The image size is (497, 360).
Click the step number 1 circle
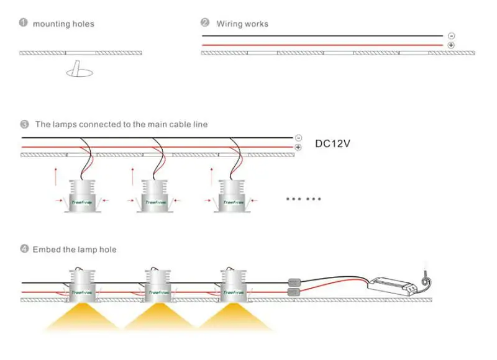click(24, 23)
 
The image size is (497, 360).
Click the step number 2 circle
click(205, 23)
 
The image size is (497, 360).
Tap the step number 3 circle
click(24, 124)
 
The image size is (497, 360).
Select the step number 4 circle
click(24, 249)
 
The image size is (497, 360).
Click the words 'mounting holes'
click(63, 24)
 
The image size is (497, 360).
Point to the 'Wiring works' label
click(242, 24)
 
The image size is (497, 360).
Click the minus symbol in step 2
click(450, 35)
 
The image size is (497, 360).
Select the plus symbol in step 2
click(450, 45)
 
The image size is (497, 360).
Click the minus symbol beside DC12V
click(298, 137)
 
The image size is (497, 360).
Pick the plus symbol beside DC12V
click(298, 147)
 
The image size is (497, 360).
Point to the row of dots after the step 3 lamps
click(303, 199)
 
